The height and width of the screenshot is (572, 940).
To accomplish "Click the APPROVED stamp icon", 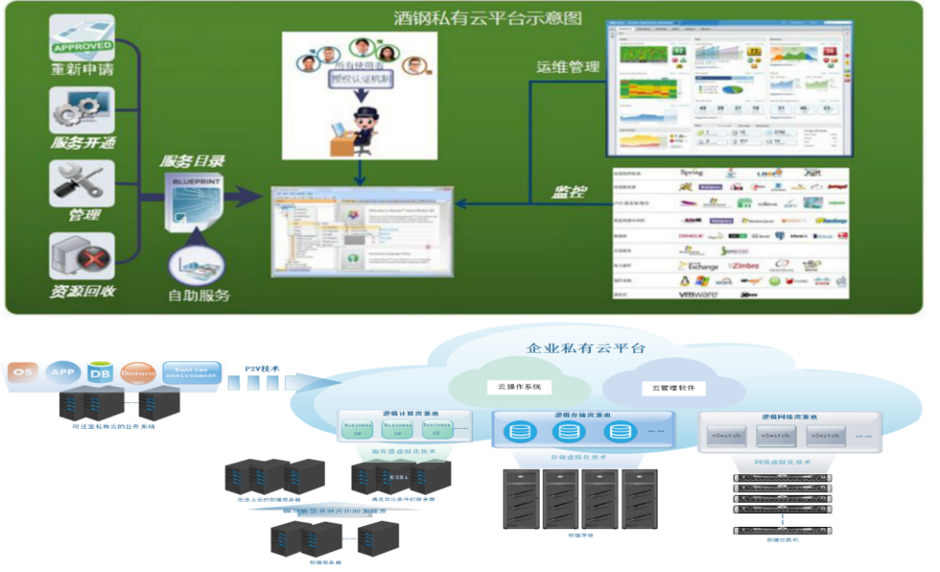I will [x=82, y=38].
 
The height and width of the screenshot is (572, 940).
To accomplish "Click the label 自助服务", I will [x=199, y=295].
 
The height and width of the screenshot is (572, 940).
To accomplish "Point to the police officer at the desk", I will [x=360, y=130].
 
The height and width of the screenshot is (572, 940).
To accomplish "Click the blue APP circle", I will [x=61, y=373].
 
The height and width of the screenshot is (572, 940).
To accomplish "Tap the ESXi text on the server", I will [x=399, y=477].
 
